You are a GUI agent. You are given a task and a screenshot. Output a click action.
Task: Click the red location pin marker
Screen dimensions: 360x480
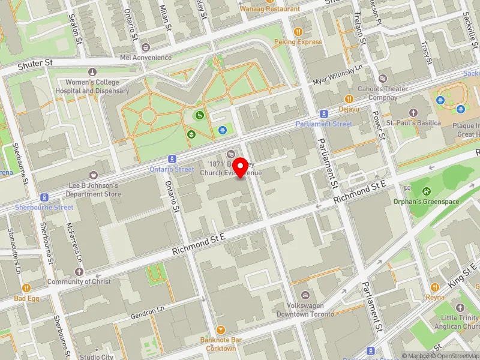241,167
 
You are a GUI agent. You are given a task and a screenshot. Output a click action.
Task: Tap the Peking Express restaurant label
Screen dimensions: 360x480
298,42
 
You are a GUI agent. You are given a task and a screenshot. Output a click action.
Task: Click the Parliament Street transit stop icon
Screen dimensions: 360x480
324,113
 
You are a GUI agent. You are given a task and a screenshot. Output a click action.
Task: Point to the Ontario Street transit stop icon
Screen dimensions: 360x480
172,159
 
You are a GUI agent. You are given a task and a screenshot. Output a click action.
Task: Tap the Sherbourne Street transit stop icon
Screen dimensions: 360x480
44,197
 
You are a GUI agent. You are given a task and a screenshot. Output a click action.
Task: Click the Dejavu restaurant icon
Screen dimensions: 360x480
348,99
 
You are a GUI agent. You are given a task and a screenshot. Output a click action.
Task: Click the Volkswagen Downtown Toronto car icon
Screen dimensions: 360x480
305,295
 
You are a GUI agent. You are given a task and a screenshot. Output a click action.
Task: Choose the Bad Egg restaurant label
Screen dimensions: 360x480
27,298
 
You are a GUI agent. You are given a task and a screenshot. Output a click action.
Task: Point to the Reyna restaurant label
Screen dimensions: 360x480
435,297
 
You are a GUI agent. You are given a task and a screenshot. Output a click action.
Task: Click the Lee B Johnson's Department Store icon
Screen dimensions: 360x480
94,175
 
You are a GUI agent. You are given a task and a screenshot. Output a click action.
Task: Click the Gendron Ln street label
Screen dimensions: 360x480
147,313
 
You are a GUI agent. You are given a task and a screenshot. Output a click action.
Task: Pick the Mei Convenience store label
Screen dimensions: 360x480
146,58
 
